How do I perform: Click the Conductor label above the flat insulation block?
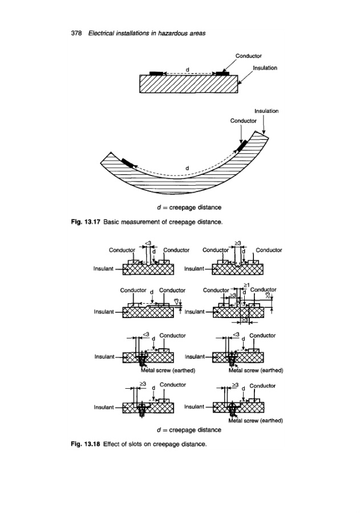(248, 56)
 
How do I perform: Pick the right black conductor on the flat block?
(221, 74)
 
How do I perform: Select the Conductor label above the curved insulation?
(243, 120)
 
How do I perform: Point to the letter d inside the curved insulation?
(187, 168)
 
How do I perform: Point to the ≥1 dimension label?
(246, 284)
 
